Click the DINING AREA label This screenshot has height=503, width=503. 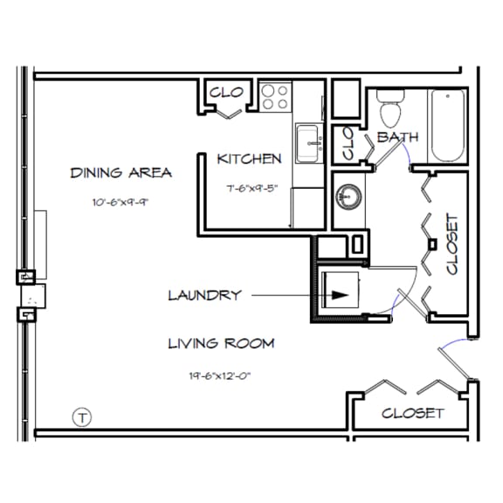121,173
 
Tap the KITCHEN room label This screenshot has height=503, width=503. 249,159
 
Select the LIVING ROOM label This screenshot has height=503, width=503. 220,343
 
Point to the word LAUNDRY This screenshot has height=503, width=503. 203,295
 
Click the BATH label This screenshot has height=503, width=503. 397,137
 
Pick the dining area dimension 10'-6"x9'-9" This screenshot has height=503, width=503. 121,203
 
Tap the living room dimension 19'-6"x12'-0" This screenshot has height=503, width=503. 220,376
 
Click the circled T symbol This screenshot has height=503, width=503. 82,417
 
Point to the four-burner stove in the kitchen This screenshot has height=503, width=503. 277,96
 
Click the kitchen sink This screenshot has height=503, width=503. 307,143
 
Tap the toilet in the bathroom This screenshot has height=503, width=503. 389,108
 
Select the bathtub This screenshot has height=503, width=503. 449,126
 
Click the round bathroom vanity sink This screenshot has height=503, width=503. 347,195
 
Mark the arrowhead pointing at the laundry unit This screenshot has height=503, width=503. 340,296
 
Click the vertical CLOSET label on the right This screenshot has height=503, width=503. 451,245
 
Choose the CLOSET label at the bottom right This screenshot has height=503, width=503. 412,413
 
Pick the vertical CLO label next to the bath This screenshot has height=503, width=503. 347,143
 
